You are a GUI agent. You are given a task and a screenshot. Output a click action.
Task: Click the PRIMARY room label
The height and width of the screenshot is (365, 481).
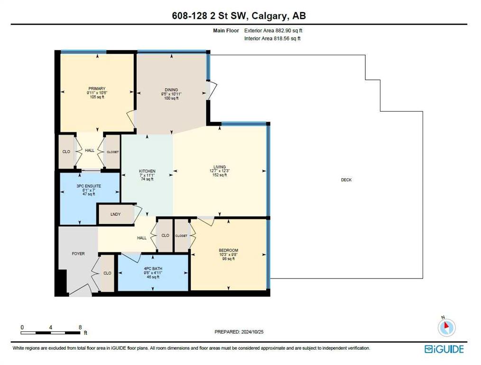[x=97, y=89]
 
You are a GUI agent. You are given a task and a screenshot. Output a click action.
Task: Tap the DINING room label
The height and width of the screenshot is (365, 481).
[x=171, y=90]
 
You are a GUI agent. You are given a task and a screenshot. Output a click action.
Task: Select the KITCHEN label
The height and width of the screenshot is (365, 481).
[x=147, y=171]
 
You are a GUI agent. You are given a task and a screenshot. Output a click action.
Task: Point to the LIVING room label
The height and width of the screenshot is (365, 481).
[x=220, y=167]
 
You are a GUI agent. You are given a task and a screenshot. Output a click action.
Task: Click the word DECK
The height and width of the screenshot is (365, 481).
[x=346, y=180]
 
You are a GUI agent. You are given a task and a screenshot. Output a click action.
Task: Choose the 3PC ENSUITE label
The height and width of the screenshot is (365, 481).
[x=89, y=186]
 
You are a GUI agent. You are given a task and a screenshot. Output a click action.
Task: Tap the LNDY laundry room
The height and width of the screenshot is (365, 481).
[x=116, y=214]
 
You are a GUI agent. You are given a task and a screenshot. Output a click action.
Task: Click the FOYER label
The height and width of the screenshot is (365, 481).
[x=78, y=254]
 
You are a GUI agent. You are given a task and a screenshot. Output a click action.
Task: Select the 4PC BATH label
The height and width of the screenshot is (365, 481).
[x=153, y=269]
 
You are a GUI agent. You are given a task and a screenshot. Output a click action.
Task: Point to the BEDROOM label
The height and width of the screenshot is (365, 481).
[x=229, y=250]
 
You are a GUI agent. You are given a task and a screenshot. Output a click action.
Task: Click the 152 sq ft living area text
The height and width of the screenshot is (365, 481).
[x=220, y=175]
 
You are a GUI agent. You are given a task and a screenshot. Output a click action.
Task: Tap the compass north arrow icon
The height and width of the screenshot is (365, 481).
[x=447, y=327]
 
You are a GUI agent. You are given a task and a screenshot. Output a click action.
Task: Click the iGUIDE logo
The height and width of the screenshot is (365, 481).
[x=444, y=349]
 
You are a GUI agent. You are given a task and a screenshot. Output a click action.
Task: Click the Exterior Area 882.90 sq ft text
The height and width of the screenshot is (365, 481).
[x=273, y=30]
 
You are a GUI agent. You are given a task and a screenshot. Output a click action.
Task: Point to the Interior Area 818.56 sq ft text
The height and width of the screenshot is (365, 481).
[x=272, y=38]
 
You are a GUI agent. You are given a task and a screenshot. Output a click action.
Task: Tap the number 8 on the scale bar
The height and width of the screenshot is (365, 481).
[x=80, y=327]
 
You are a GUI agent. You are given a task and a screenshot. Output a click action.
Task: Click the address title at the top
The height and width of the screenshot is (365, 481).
[x=239, y=16]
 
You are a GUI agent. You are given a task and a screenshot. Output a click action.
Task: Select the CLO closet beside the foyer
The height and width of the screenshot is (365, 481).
[x=107, y=273]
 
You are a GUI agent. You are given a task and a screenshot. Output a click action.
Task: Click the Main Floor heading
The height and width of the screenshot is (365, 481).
[x=226, y=30]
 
